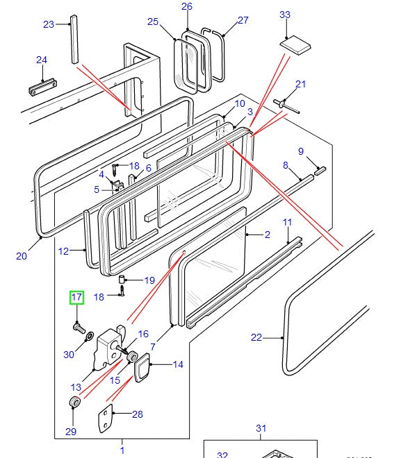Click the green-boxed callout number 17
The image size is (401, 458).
point(76,298)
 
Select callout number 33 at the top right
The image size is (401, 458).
point(285,15)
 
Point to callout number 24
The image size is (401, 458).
point(41,60)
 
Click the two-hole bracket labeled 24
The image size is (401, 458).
point(42,90)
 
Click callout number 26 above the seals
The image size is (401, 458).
point(186,7)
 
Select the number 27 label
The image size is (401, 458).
point(243,20)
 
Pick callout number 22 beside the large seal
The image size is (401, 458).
point(257,338)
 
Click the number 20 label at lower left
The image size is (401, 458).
point(21,256)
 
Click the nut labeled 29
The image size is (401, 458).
point(73,404)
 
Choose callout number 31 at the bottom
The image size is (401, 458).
point(261,428)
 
